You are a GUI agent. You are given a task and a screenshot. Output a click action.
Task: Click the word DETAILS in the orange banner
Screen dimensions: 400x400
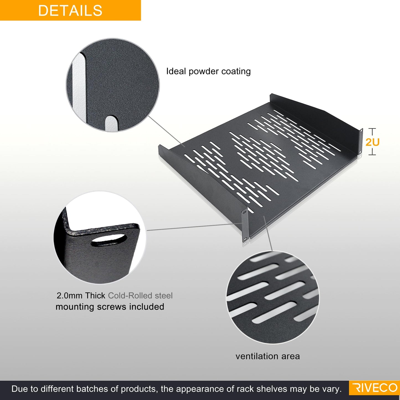pyautogui.click(x=70, y=11)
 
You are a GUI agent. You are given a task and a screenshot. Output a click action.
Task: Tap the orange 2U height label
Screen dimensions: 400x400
pyautogui.click(x=372, y=142)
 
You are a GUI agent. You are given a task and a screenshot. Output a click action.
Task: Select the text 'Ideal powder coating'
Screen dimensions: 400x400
pyautogui.click(x=208, y=71)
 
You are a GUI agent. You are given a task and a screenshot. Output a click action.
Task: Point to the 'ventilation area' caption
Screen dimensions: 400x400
pyautogui.click(x=268, y=356)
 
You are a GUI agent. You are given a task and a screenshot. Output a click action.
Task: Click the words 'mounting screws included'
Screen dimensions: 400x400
pyautogui.click(x=110, y=307)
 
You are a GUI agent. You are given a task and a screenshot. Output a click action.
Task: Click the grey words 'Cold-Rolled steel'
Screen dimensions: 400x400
pyautogui.click(x=140, y=296)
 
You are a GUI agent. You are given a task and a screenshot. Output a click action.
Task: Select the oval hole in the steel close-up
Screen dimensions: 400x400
pyautogui.click(x=109, y=241)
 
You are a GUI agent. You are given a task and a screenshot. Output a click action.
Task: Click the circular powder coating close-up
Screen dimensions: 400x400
pyautogui.click(x=113, y=85)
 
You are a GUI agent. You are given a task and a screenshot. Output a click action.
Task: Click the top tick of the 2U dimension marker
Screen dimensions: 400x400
pyautogui.click(x=373, y=129)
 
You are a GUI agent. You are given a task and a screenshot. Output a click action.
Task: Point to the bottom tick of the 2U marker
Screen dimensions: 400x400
pyautogui.click(x=373, y=155)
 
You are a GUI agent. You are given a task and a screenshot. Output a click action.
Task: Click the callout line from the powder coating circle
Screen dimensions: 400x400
pyautogui.click(x=166, y=131)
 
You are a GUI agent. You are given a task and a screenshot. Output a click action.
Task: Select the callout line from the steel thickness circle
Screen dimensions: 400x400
pyautogui.click(x=195, y=227)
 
